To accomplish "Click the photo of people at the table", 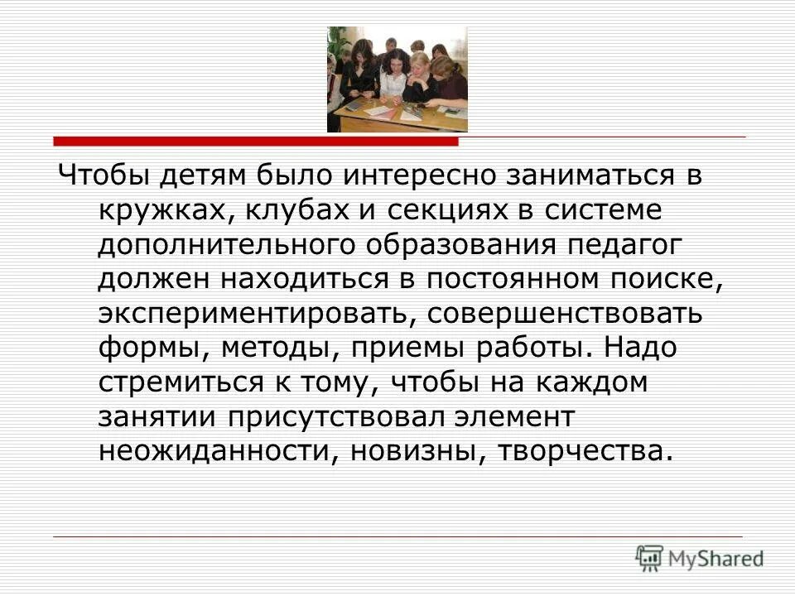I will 397,79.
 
